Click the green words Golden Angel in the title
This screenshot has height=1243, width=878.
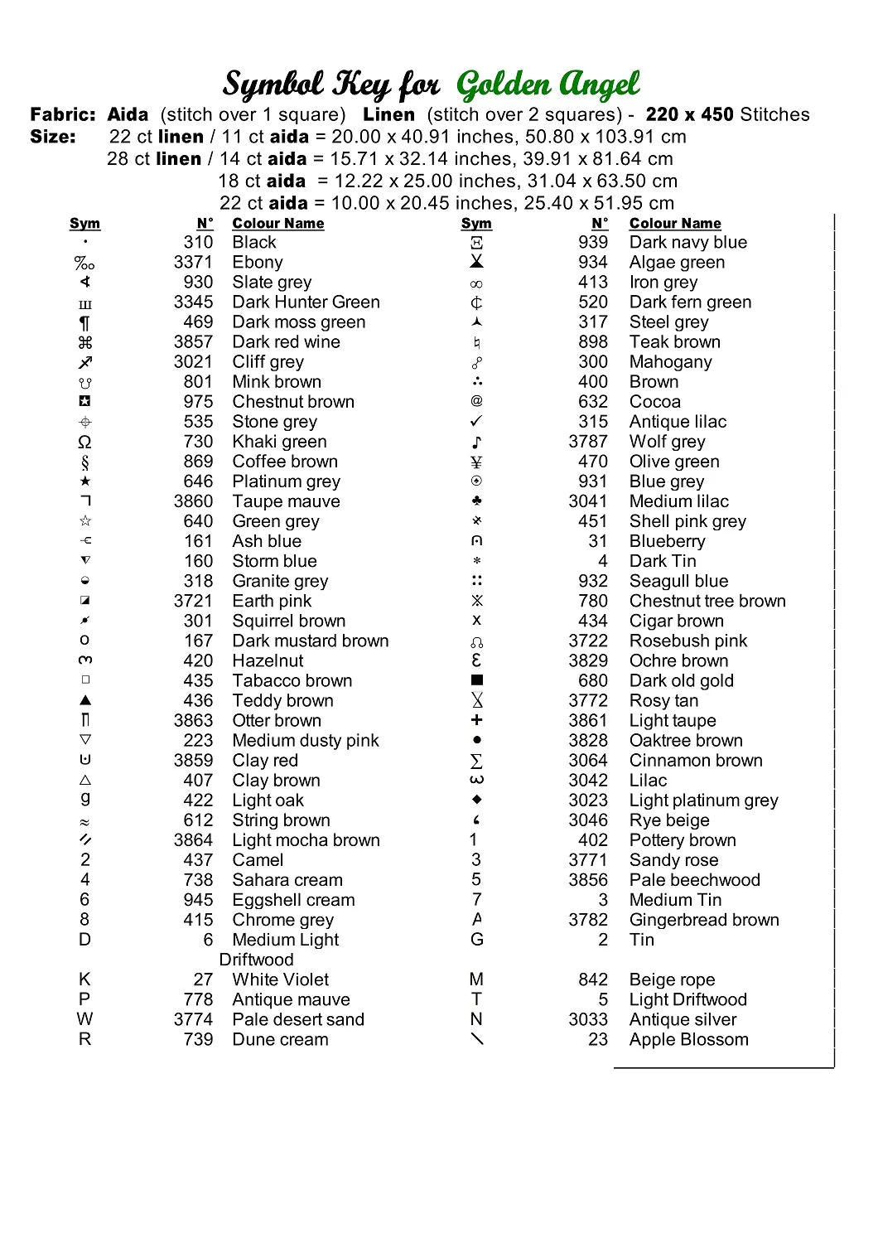point(548,85)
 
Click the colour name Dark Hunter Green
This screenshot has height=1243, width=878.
point(306,302)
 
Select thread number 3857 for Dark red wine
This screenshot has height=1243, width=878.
point(193,342)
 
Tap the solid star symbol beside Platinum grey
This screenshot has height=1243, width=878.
point(85,481)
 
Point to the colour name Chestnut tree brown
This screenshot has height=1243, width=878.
point(707,601)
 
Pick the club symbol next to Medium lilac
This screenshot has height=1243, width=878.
point(476,501)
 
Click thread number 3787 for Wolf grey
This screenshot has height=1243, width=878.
point(588,442)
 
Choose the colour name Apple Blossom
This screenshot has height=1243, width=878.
point(688,1040)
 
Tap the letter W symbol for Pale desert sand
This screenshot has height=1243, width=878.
point(84,1019)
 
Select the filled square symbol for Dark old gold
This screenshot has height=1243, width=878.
point(476,680)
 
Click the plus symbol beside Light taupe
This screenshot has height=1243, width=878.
point(476,720)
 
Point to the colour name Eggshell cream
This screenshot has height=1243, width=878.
point(293,900)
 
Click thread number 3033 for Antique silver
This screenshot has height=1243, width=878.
point(588,1020)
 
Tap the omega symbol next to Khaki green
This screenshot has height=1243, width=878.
point(84,442)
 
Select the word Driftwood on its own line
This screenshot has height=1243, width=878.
point(256,960)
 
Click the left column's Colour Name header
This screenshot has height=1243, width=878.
point(278,224)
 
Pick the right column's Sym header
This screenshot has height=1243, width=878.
point(476,224)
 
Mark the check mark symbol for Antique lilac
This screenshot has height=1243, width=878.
point(476,422)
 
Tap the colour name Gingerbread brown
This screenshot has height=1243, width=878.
point(704,920)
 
